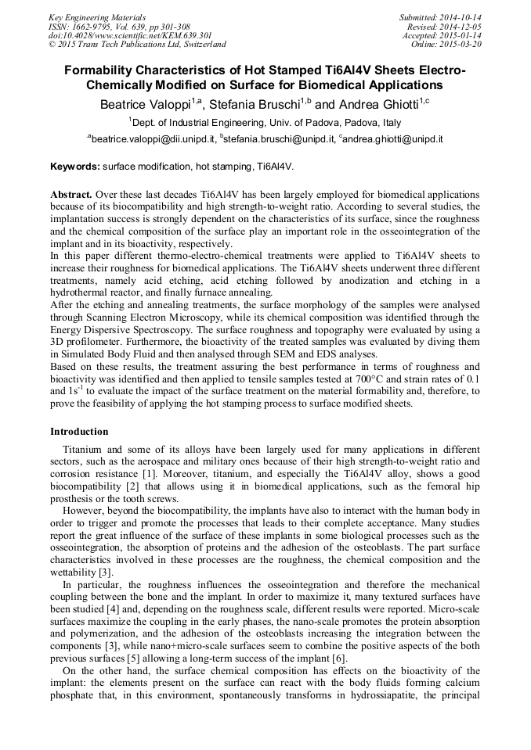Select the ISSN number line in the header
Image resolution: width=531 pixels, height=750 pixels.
(x=119, y=26)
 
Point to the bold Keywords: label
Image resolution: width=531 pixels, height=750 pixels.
(x=75, y=167)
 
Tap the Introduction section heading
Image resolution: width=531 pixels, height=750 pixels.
(x=79, y=432)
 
